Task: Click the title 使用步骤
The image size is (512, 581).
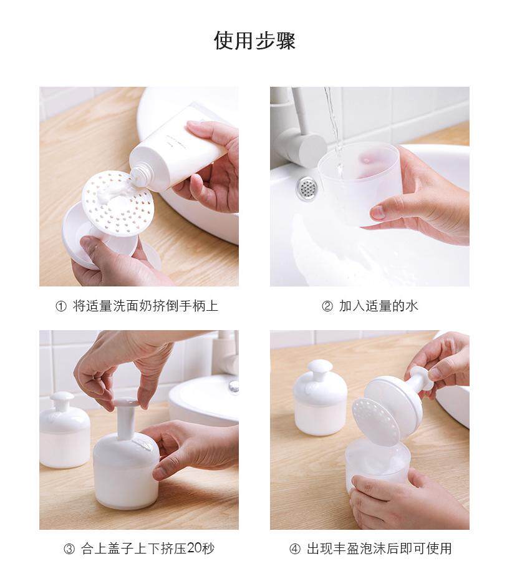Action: point(254,41)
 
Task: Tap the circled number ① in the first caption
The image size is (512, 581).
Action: point(60,306)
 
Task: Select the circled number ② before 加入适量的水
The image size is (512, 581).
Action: point(327,306)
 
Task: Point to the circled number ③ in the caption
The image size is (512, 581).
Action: point(69,549)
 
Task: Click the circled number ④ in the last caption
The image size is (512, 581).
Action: point(295,549)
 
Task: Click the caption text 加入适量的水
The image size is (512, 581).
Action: point(379,306)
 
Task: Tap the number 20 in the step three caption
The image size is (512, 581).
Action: point(195,548)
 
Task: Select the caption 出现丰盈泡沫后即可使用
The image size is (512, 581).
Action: point(379,549)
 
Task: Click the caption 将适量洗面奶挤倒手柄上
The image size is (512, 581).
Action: point(145,306)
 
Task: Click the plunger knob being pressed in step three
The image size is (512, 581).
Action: point(125,402)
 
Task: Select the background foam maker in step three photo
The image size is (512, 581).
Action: point(64,430)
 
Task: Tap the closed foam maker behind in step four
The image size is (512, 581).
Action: point(320,398)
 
